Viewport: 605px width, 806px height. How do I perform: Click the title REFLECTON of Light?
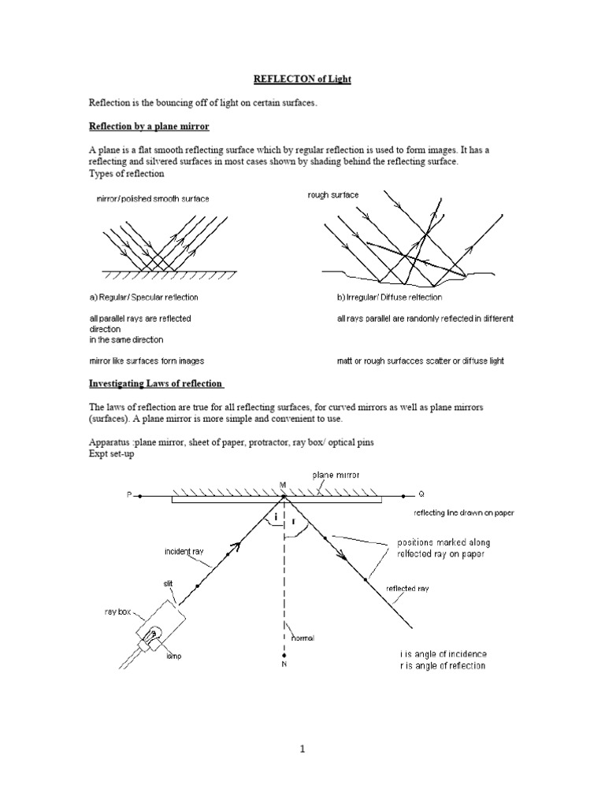302,80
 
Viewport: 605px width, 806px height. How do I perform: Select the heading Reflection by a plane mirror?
148,127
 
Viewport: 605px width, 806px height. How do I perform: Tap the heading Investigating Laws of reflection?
157,383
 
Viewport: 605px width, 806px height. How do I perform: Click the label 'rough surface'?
332,195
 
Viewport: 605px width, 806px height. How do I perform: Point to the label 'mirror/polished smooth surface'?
153,199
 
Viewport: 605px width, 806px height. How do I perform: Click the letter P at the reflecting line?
129,496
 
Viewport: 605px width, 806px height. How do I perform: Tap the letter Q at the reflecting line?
421,495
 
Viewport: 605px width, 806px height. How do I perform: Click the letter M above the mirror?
282,485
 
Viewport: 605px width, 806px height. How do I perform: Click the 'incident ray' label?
184,552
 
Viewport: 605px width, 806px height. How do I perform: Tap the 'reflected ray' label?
407,589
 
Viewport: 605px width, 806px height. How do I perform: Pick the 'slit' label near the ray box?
169,583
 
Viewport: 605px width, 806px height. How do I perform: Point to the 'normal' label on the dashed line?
302,638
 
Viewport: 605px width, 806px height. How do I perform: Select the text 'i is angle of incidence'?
443,654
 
